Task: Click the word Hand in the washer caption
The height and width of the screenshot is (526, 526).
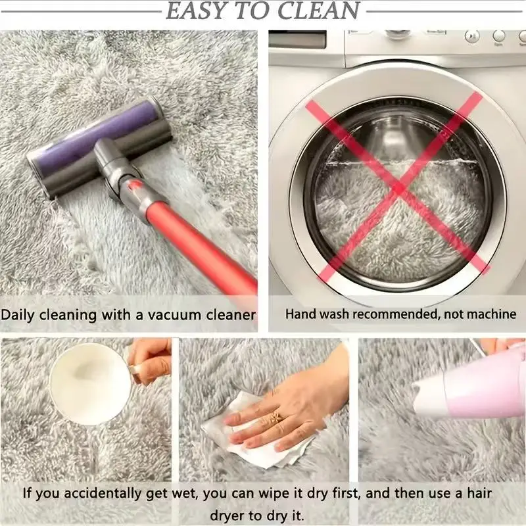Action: pyautogui.click(x=299, y=314)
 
